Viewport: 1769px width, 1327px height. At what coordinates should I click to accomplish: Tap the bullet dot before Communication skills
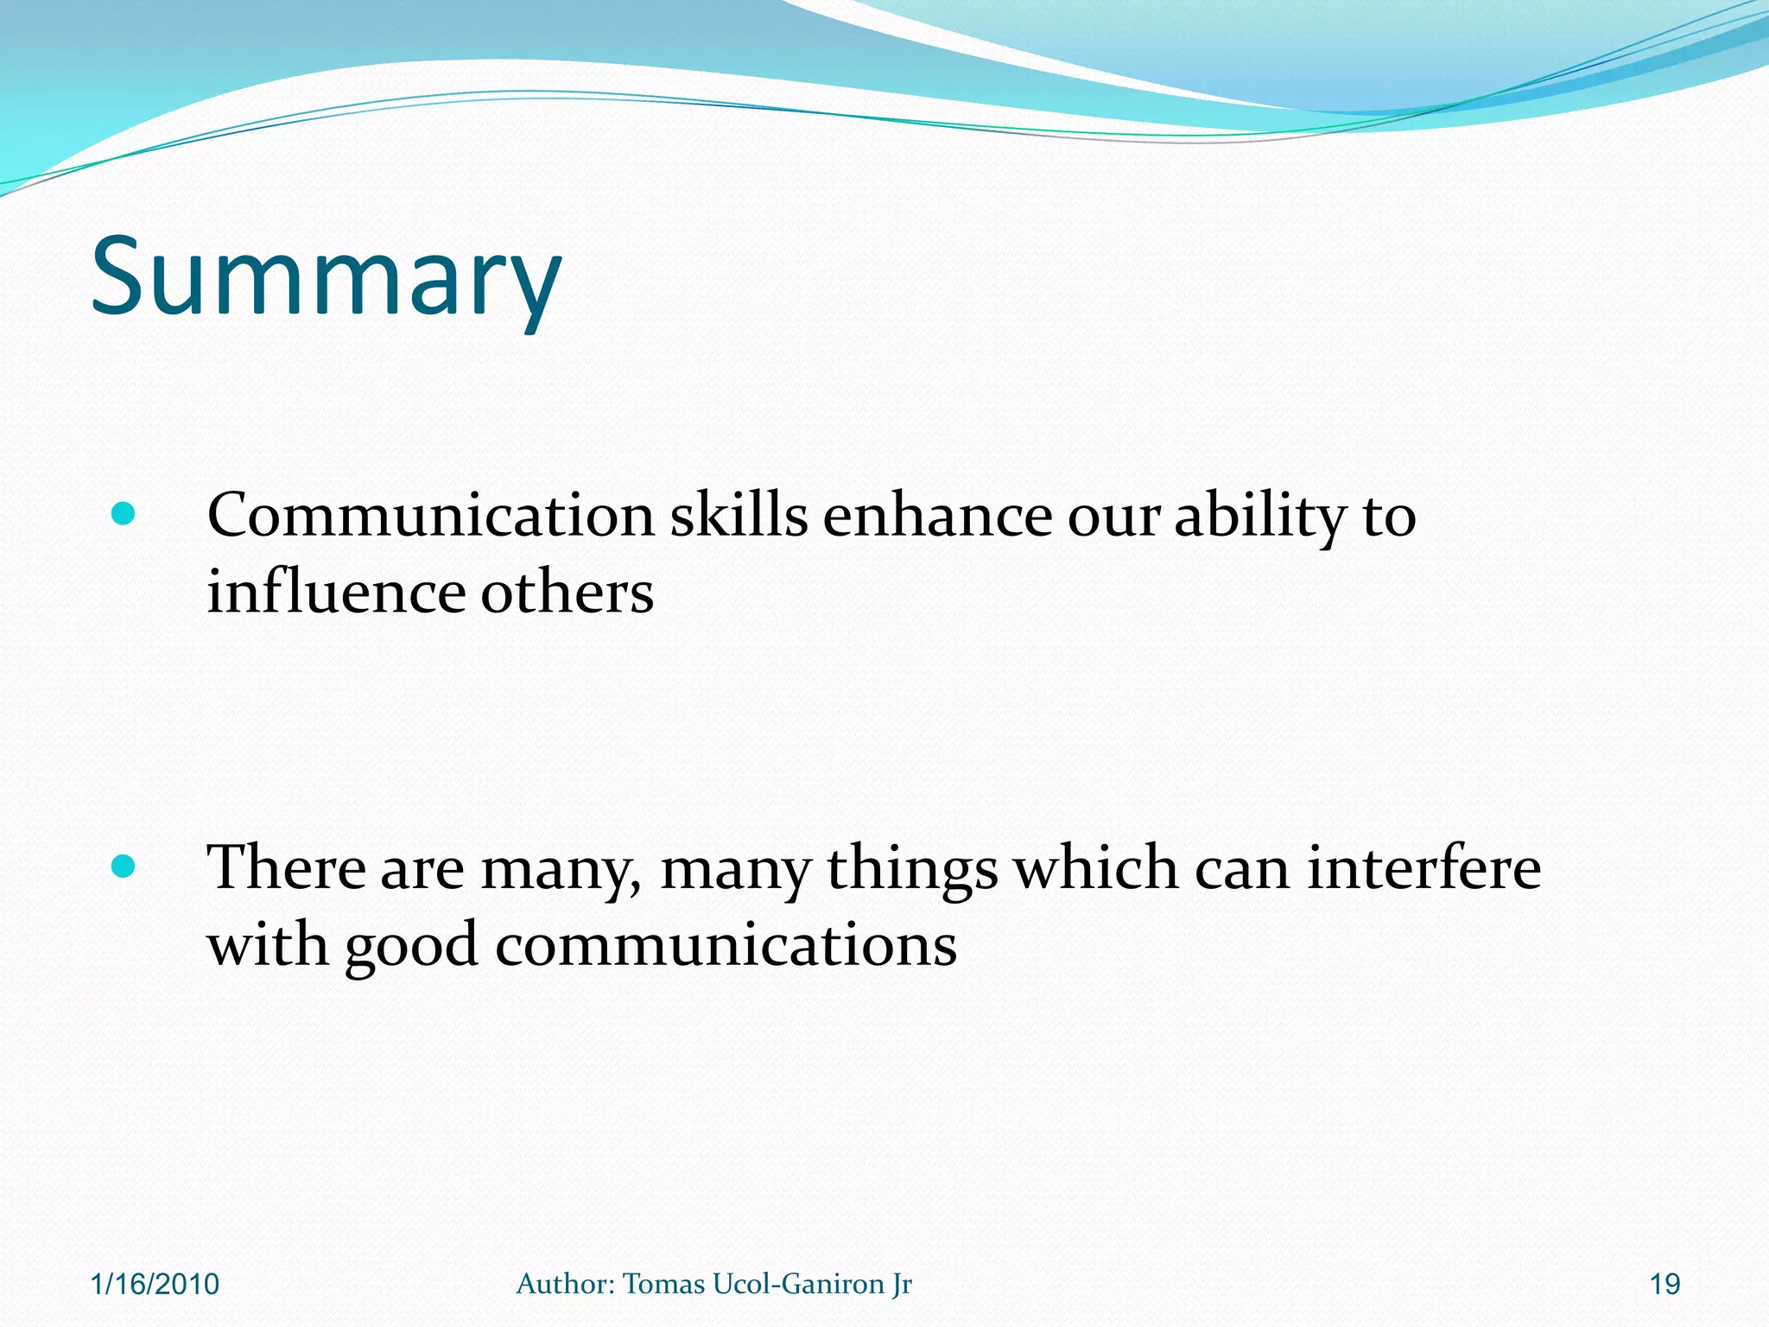coord(124,515)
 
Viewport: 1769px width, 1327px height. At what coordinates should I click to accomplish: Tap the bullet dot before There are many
coord(124,866)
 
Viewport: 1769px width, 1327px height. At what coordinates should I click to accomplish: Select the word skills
coord(739,516)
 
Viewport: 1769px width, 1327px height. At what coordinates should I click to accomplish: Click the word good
coord(411,946)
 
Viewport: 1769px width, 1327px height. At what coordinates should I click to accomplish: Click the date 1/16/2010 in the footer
coord(155,1285)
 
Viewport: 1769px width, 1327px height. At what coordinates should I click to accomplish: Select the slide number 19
coord(1664,1285)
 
